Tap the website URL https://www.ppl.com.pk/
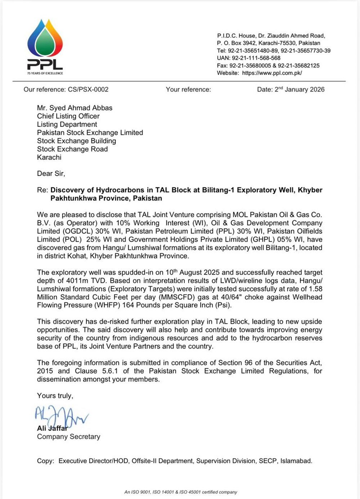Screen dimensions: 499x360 pyautogui.click(x=272, y=73)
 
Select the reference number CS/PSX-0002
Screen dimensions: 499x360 pyautogui.click(x=88, y=89)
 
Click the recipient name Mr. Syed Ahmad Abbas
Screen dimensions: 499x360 pyautogui.click(x=75, y=108)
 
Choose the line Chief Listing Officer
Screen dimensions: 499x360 pyautogui.click(x=68, y=116)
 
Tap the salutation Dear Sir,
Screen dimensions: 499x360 pyautogui.click(x=51, y=173)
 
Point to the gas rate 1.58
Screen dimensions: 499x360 pyautogui.click(x=315, y=289)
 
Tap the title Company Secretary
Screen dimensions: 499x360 pyautogui.click(x=68, y=436)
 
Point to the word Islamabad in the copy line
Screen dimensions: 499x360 pyautogui.click(x=296, y=461)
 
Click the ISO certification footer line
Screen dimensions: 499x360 pyautogui.click(x=181, y=492)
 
